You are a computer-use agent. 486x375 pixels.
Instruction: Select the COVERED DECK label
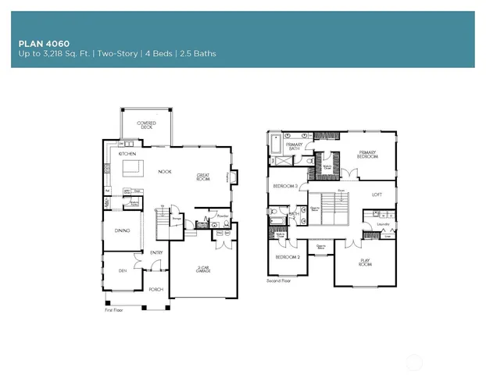[x=146, y=125]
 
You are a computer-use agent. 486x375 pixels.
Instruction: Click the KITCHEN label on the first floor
[x=127, y=154]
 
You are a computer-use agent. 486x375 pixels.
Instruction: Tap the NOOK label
[x=165, y=171]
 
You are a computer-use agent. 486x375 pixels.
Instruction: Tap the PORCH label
[x=155, y=289]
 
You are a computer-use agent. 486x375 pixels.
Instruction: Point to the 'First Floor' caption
[x=115, y=309]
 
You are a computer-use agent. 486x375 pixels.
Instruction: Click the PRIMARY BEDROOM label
[x=367, y=155]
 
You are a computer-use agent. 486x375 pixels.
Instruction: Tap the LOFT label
[x=377, y=195]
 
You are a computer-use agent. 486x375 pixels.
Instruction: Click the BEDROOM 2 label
[x=287, y=256]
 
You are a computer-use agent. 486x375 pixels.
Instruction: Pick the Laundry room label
[x=383, y=225]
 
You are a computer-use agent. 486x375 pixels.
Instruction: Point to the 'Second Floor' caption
[x=279, y=280]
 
